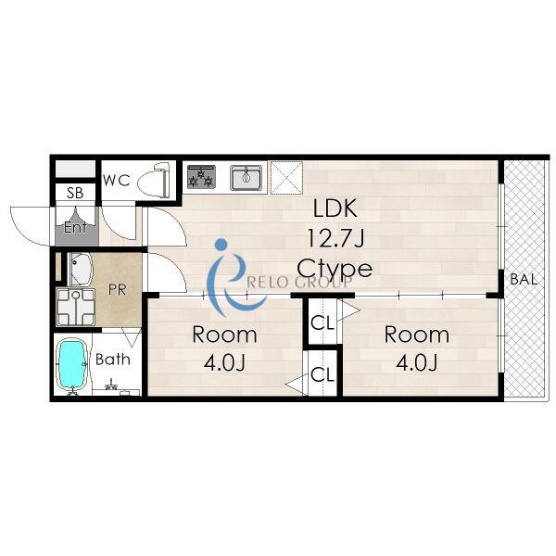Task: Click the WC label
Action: click(x=117, y=181)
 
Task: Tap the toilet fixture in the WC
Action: click(x=155, y=181)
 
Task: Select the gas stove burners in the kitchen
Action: click(x=201, y=177)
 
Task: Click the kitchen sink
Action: click(x=246, y=177)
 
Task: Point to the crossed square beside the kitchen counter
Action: click(x=286, y=178)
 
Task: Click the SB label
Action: click(x=75, y=193)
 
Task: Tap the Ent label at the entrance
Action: click(x=76, y=227)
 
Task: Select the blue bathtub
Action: click(x=72, y=364)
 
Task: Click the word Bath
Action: click(x=113, y=360)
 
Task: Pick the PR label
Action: click(x=117, y=290)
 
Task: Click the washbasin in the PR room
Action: click(x=81, y=269)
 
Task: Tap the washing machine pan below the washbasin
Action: click(x=76, y=307)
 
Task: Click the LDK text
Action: click(x=335, y=208)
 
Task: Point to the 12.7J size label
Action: click(x=335, y=238)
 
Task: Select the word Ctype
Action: click(x=335, y=270)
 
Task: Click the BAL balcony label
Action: click(x=524, y=280)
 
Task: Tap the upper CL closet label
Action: click(x=322, y=322)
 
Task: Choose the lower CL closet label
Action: click(x=322, y=374)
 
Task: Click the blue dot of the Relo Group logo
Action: click(x=221, y=244)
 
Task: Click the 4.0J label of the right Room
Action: click(x=417, y=362)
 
